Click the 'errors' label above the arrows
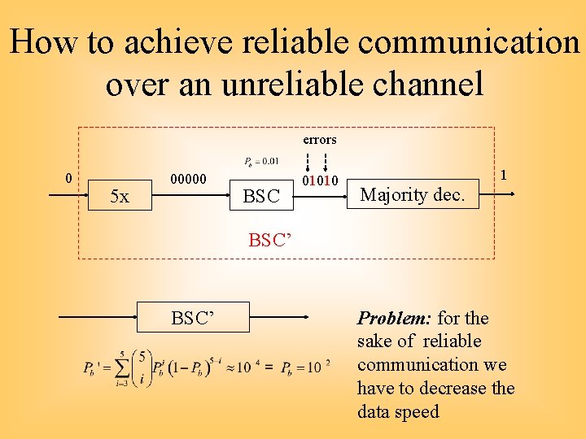pos(320,140)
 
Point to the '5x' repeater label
pos(120,197)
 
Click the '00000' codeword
pos(188,179)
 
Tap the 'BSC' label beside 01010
pos(261,197)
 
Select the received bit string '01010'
pos(320,180)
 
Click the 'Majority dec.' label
pos(413,194)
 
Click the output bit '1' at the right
pos(505,174)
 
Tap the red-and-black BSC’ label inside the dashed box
pos(269,240)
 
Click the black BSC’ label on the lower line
pos(193,318)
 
